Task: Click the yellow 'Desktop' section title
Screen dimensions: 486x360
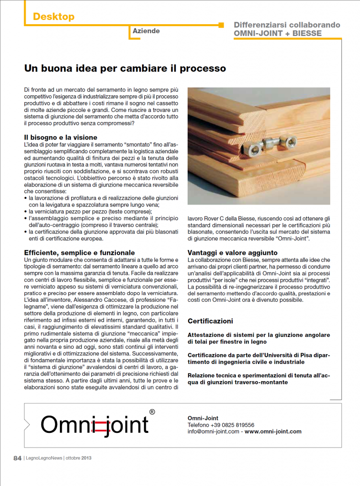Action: [54, 17]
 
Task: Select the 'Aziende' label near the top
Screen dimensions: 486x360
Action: [146, 31]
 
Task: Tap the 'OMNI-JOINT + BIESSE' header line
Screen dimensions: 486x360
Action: [278, 34]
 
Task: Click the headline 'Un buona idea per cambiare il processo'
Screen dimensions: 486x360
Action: [125, 68]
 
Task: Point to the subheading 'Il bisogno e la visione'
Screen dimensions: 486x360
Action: [61, 138]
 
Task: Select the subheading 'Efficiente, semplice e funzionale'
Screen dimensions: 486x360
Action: [79, 253]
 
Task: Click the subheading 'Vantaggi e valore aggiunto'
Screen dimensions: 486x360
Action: [233, 253]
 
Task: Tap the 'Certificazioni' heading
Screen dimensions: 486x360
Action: [210, 321]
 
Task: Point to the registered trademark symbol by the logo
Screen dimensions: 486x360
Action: [152, 412]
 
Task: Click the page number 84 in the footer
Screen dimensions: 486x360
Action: [17, 458]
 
